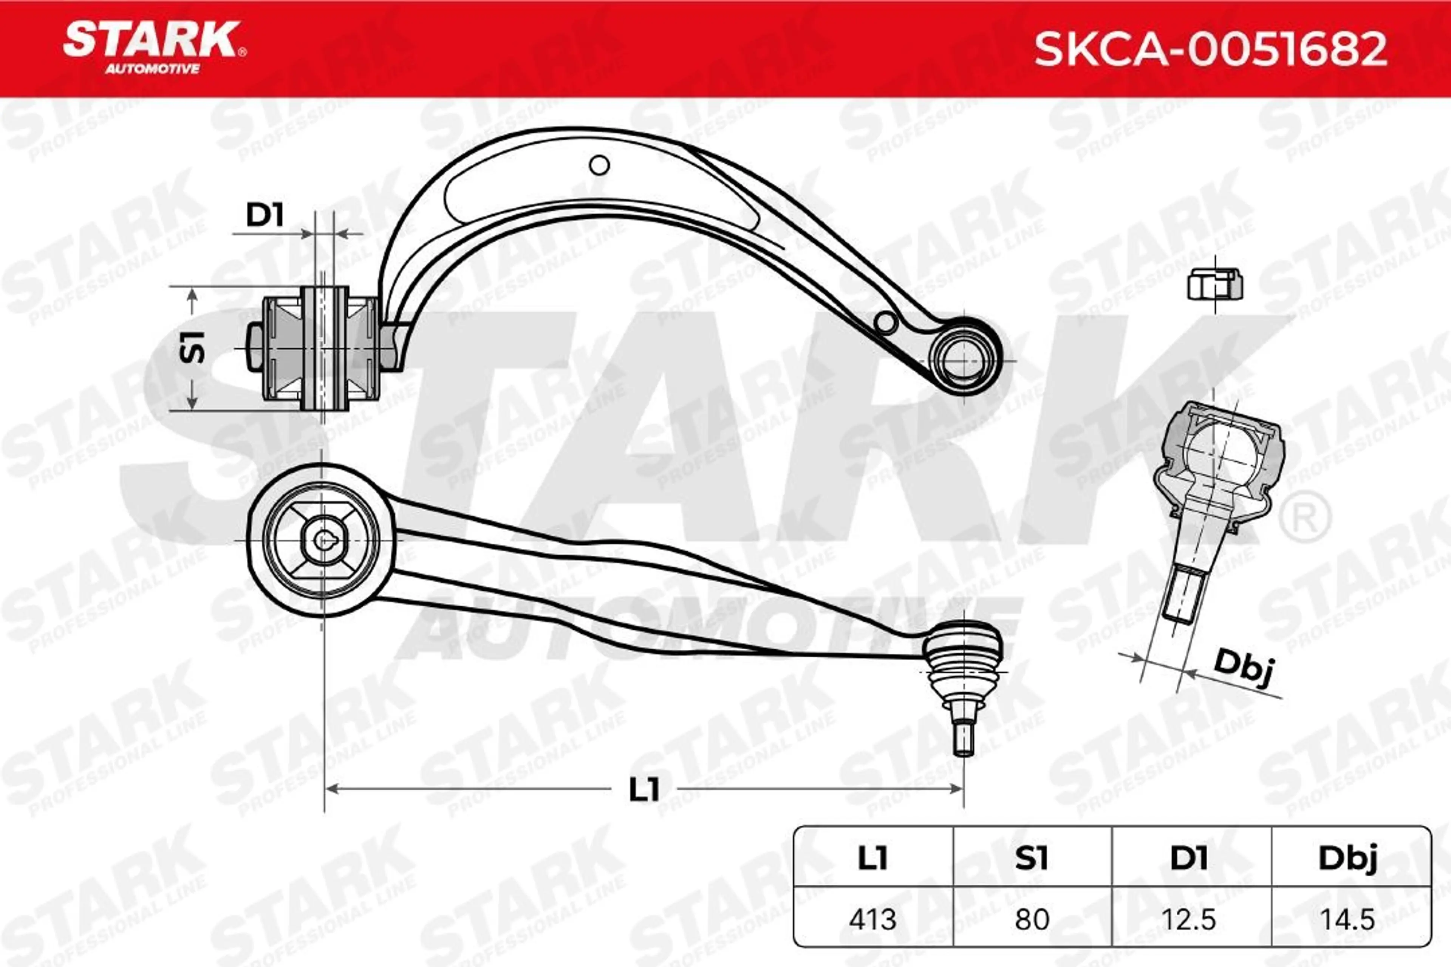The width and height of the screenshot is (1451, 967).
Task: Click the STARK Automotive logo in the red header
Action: click(154, 48)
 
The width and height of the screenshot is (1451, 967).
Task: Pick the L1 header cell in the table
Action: click(872, 858)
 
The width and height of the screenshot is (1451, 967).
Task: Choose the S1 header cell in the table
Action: click(1032, 858)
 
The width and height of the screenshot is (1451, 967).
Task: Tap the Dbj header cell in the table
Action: click(1349, 858)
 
